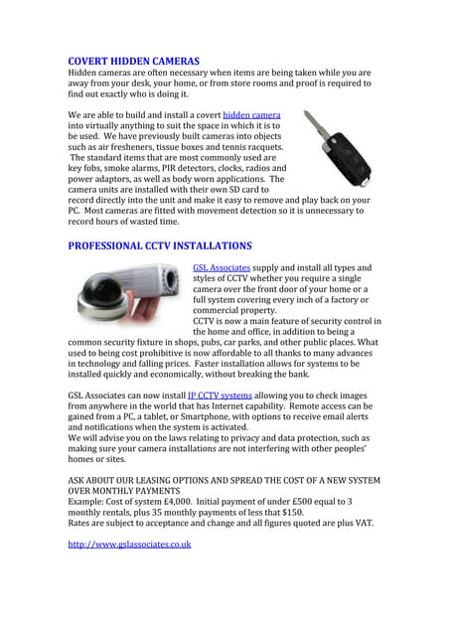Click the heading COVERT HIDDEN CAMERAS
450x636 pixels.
tap(133, 62)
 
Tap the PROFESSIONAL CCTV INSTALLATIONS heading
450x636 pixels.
tap(159, 244)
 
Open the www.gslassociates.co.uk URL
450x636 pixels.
tap(129, 545)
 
